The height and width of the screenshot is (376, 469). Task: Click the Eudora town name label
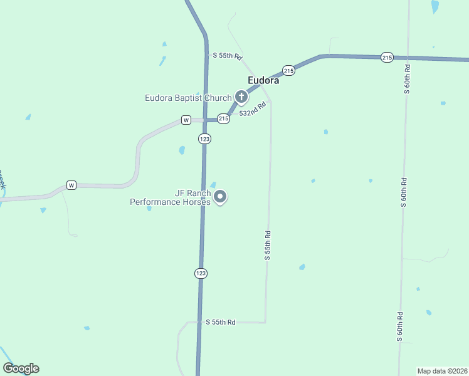[263, 80]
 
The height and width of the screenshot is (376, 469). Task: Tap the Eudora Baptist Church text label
[188, 98]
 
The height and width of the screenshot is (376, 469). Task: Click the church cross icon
[241, 97]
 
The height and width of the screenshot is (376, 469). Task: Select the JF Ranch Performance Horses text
[170, 198]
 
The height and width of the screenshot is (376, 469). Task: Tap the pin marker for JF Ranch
[220, 197]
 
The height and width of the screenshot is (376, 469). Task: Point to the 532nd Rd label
[253, 110]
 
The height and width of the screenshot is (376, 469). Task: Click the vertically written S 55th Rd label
[268, 245]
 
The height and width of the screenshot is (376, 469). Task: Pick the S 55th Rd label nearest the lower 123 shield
[221, 322]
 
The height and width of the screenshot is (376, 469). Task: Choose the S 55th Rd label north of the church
[227, 56]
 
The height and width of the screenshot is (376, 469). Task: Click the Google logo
[21, 368]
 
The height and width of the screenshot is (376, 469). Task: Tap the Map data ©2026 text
[443, 371]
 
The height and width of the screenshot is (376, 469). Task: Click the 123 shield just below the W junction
[204, 138]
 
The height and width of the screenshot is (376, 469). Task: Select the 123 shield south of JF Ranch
[201, 273]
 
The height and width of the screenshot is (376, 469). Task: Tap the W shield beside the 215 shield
[186, 120]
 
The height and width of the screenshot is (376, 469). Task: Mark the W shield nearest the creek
[71, 185]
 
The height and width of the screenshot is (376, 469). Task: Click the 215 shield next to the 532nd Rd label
[223, 118]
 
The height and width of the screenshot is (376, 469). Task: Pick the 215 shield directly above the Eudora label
[288, 70]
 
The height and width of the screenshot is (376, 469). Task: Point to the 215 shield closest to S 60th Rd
[387, 58]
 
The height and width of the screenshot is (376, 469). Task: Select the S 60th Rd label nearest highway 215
[407, 79]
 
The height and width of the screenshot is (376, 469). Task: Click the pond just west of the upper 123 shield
[182, 150]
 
